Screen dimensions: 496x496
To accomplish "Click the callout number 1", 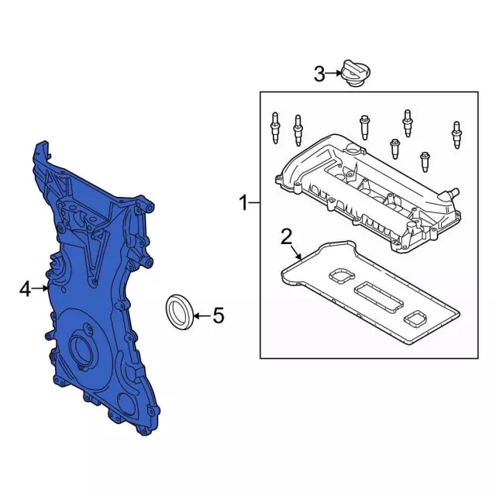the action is tap(243, 203).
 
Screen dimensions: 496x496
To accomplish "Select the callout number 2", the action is tap(286, 238).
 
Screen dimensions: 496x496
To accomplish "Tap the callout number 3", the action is tap(319, 74).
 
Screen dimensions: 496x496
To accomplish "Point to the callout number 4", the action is tap(25, 289).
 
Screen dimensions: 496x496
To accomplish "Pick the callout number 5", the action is tap(219, 315).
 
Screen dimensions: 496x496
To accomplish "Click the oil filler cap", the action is tap(356, 73).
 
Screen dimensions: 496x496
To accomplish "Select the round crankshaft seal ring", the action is tap(180, 312).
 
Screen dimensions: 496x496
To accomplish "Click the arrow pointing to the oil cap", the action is tap(333, 74).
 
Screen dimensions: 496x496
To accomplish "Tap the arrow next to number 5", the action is tap(202, 315).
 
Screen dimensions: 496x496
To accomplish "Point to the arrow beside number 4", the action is tap(40, 288).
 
